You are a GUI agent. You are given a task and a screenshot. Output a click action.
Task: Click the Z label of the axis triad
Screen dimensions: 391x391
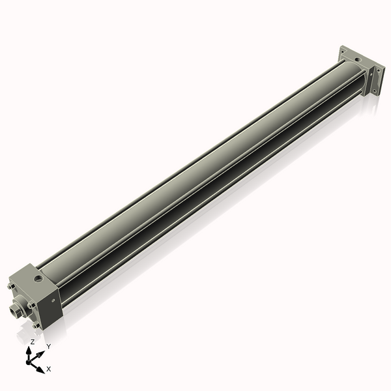pyautogui.click(x=32, y=341)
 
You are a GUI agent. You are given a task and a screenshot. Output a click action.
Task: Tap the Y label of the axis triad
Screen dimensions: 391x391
pyautogui.click(x=48, y=346)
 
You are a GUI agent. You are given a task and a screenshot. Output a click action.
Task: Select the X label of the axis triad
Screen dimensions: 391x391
pyautogui.click(x=49, y=369)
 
